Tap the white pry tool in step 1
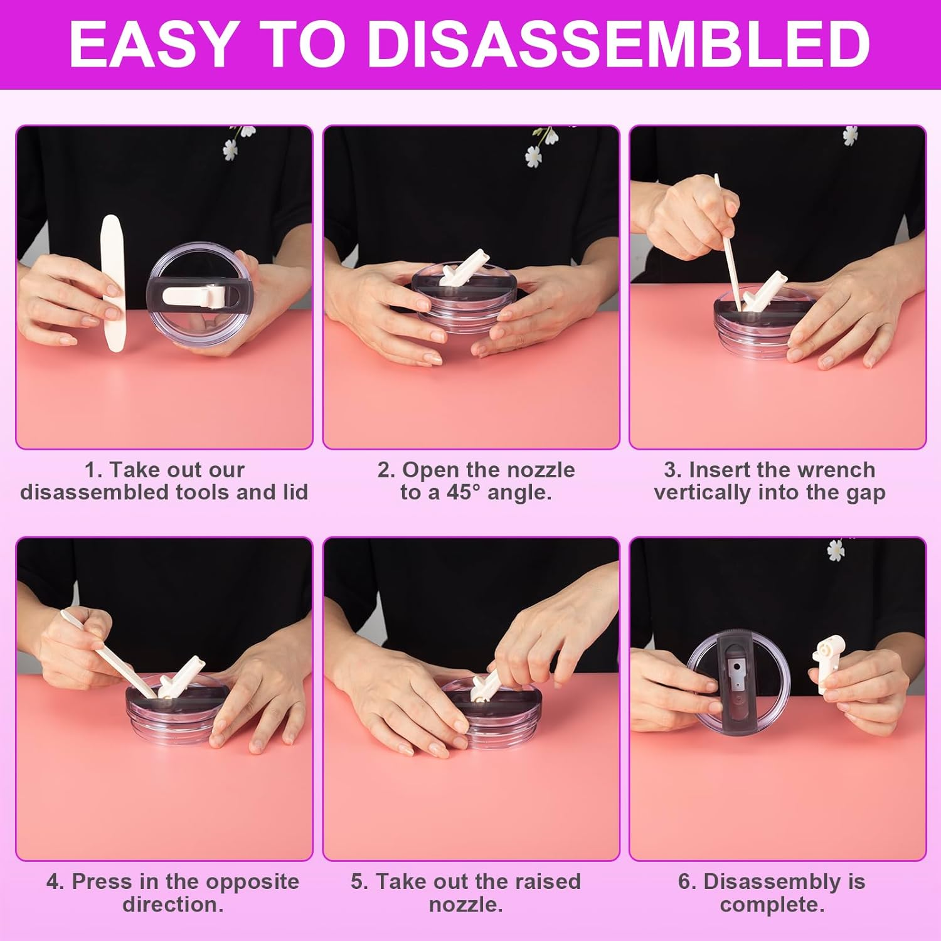pos(113,282)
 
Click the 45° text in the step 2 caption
pos(463,492)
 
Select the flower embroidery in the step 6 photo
pos(835,550)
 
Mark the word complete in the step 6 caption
pos(772,905)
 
